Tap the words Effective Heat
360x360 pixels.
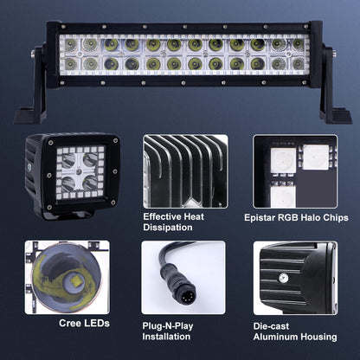coord(174,215)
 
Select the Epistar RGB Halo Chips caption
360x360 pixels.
coord(296,215)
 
